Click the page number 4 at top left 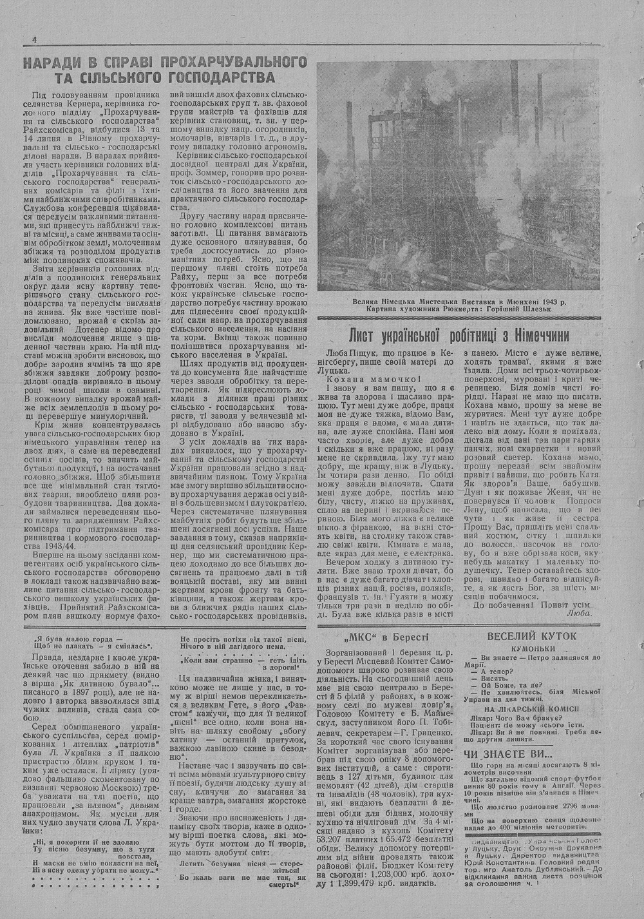(33, 39)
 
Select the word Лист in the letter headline (364, 335)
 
